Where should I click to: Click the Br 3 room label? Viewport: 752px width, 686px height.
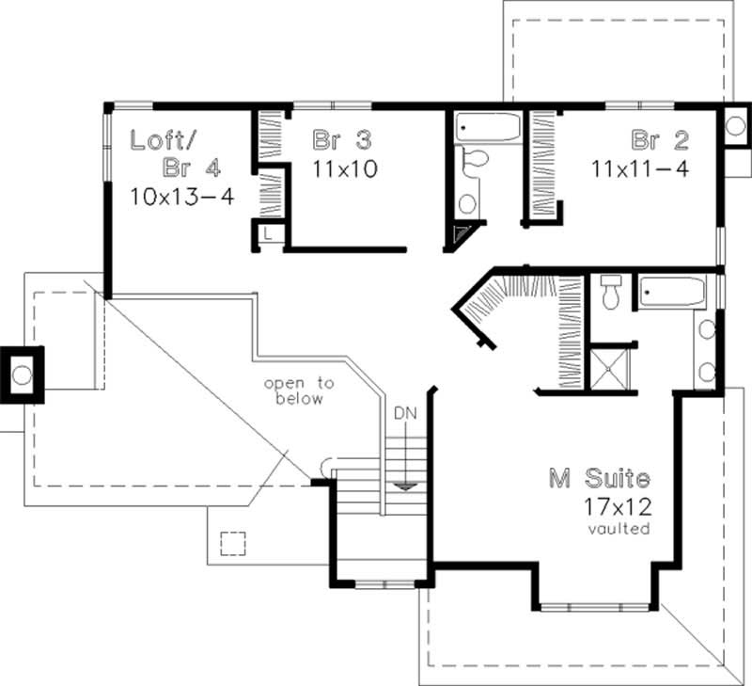tap(342, 141)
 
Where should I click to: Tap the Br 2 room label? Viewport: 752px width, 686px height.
tap(660, 141)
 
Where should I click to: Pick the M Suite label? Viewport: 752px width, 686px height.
tap(599, 478)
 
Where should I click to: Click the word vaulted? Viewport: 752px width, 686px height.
tap(619, 529)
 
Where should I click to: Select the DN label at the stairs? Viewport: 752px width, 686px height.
tap(405, 413)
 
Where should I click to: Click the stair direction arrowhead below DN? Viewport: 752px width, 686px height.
tap(404, 486)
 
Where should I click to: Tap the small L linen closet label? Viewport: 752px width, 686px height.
tap(268, 234)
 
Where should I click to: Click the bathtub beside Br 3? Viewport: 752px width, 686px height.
tap(488, 128)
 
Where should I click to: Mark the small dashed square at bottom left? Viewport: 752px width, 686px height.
tap(231, 544)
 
